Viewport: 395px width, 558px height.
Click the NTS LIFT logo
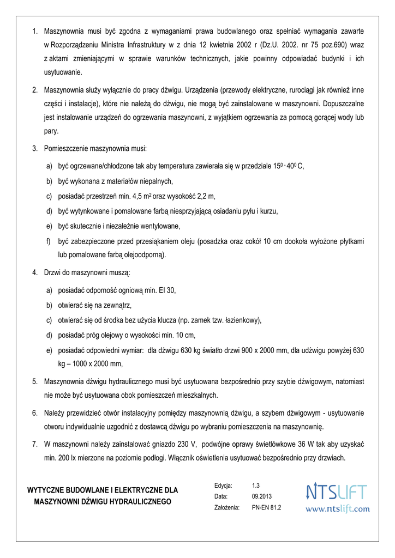[337, 492]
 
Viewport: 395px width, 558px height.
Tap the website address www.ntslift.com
[337, 509]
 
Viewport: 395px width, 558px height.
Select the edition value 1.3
[256, 485]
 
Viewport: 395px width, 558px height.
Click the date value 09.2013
[261, 496]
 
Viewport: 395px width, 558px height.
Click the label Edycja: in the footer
[223, 485]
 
